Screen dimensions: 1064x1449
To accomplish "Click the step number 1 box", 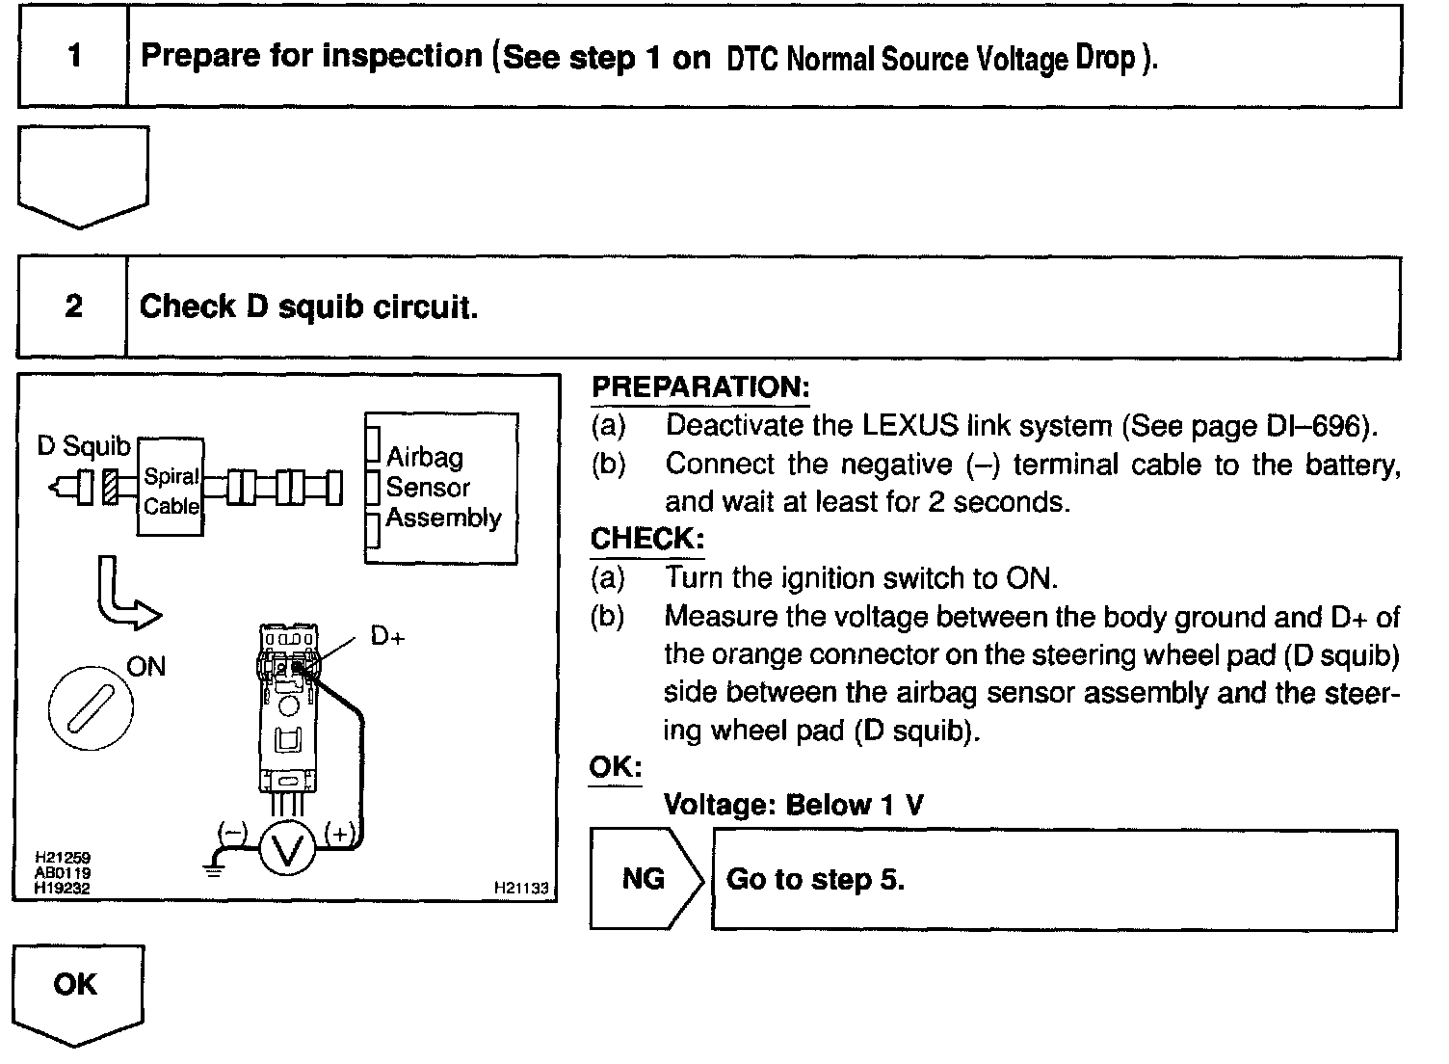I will click(x=73, y=56).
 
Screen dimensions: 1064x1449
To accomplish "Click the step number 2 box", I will click(x=73, y=307).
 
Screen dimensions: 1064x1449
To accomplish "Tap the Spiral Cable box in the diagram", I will click(x=171, y=490).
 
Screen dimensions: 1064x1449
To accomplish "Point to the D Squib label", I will click(x=83, y=446).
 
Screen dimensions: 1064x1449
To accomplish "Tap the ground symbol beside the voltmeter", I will click(x=212, y=868).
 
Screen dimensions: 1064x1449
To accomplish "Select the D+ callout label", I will click(x=387, y=637).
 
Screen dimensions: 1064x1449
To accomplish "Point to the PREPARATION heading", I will click(x=700, y=387).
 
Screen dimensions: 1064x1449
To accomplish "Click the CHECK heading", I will click(x=647, y=539).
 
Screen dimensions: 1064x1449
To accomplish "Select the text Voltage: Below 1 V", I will click(x=794, y=805).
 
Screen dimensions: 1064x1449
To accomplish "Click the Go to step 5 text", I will click(x=815, y=880).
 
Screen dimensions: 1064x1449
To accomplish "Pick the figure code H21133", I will click(x=521, y=888).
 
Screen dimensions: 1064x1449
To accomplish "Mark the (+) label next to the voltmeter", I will click(x=341, y=834).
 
